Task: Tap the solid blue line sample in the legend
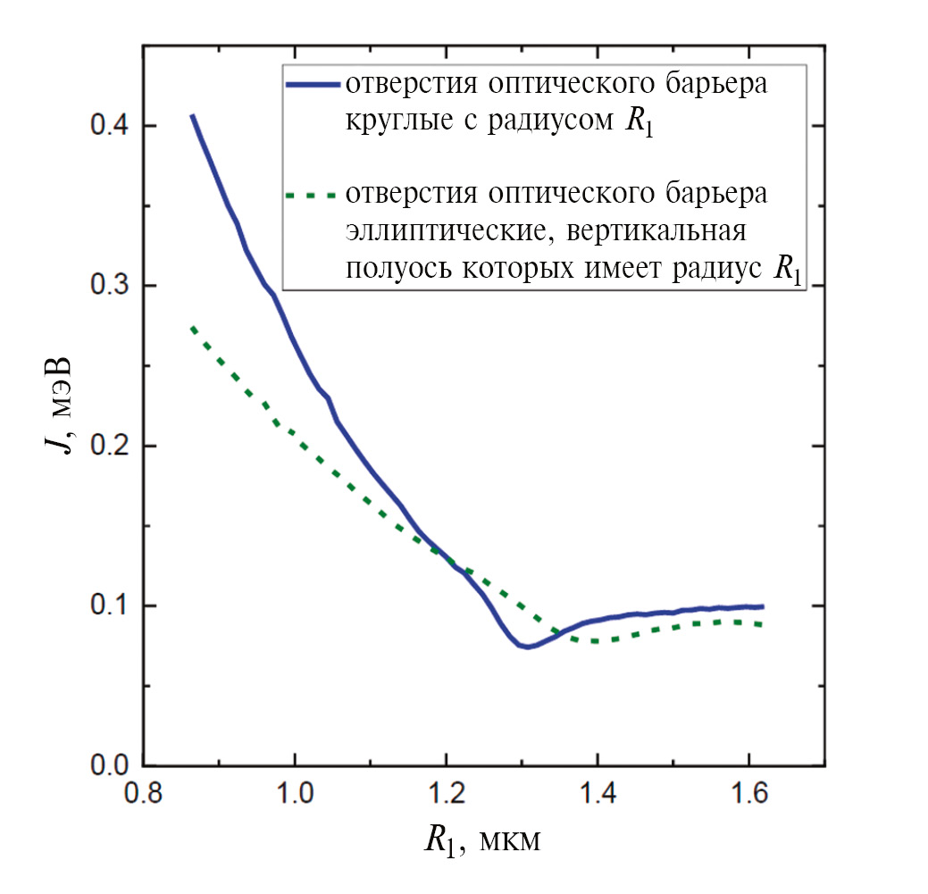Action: [x=312, y=84]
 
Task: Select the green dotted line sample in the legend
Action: [x=312, y=194]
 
